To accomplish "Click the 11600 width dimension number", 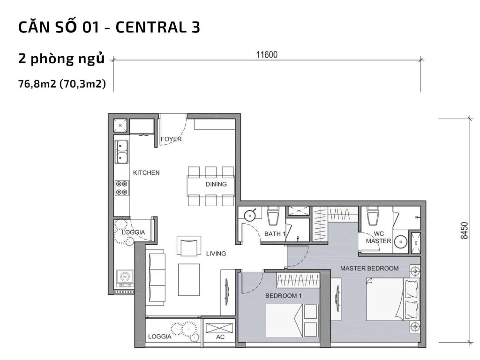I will pyautogui.click(x=267, y=54).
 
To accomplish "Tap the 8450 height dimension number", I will pyautogui.click(x=464, y=231).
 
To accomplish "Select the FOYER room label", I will pyautogui.click(x=171, y=139).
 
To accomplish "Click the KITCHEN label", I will pyautogui.click(x=146, y=172).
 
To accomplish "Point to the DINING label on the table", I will pyautogui.click(x=216, y=184).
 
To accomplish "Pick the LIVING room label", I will pyautogui.click(x=216, y=254).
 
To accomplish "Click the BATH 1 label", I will pyautogui.click(x=275, y=233).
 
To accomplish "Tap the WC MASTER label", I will pyautogui.click(x=378, y=237).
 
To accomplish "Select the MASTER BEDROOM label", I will pyautogui.click(x=369, y=269).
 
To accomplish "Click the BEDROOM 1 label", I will pyautogui.click(x=284, y=296).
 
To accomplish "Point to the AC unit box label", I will pyautogui.click(x=220, y=337).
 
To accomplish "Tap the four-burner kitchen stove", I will pyautogui.click(x=122, y=187).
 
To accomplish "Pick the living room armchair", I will pyautogui.click(x=188, y=246).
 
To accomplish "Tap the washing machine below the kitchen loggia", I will pyautogui.click(x=124, y=277).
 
